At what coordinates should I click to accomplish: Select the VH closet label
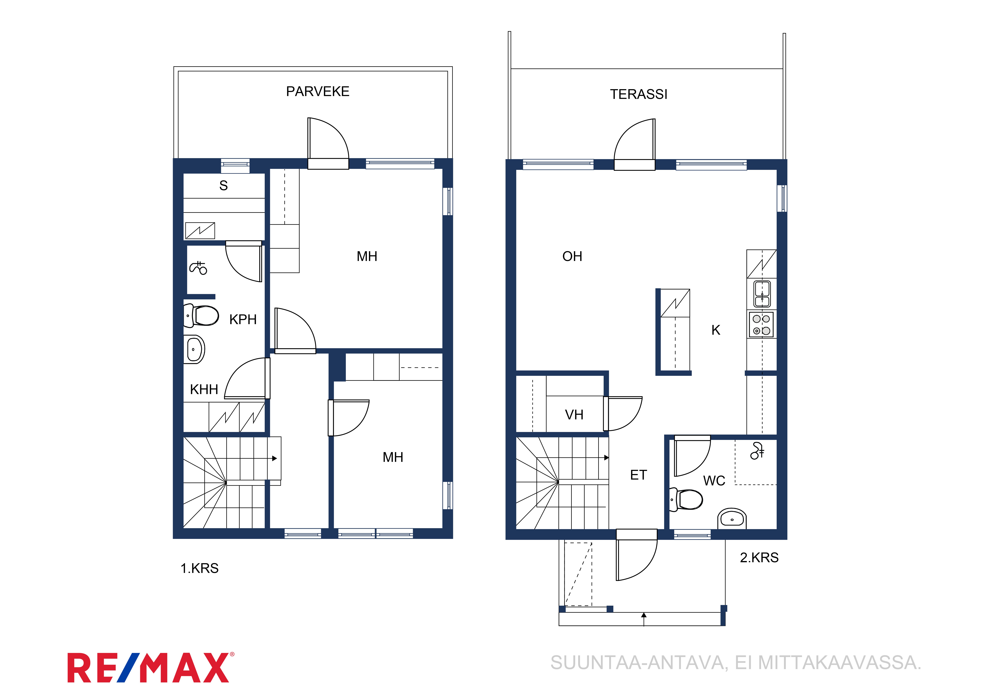tap(574, 415)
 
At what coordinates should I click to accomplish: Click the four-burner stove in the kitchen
tap(761, 324)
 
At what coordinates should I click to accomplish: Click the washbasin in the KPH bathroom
tap(194, 349)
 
